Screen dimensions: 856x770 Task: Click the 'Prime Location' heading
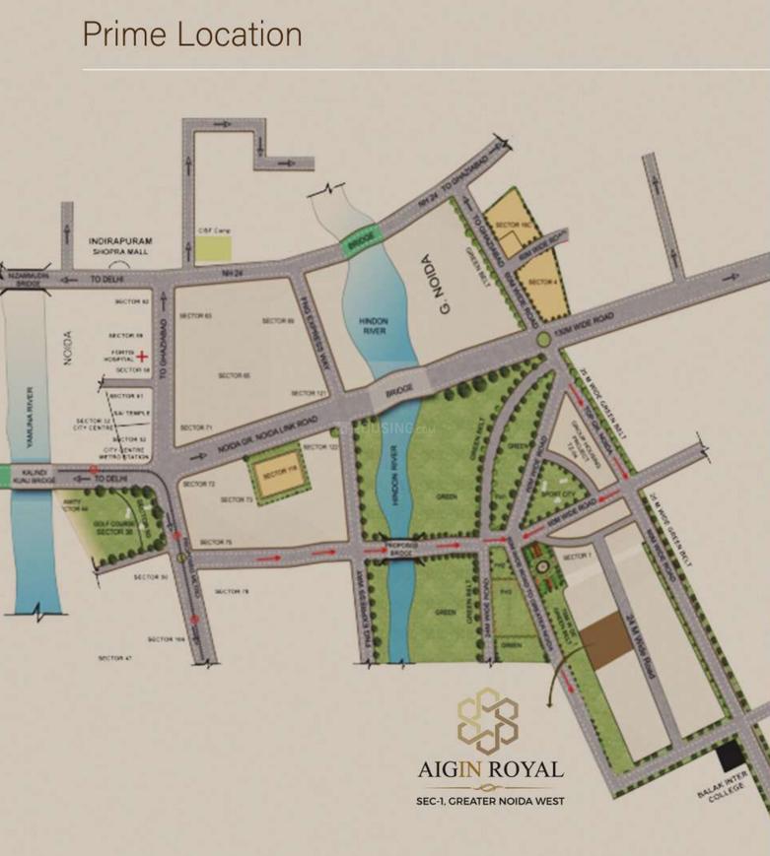(x=192, y=35)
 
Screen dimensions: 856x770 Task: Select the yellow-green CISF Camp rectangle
(x=212, y=248)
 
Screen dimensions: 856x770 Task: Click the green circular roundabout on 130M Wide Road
(x=543, y=340)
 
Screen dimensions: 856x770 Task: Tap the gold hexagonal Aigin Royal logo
(x=488, y=721)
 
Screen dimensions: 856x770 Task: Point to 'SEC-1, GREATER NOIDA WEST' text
(x=489, y=801)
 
